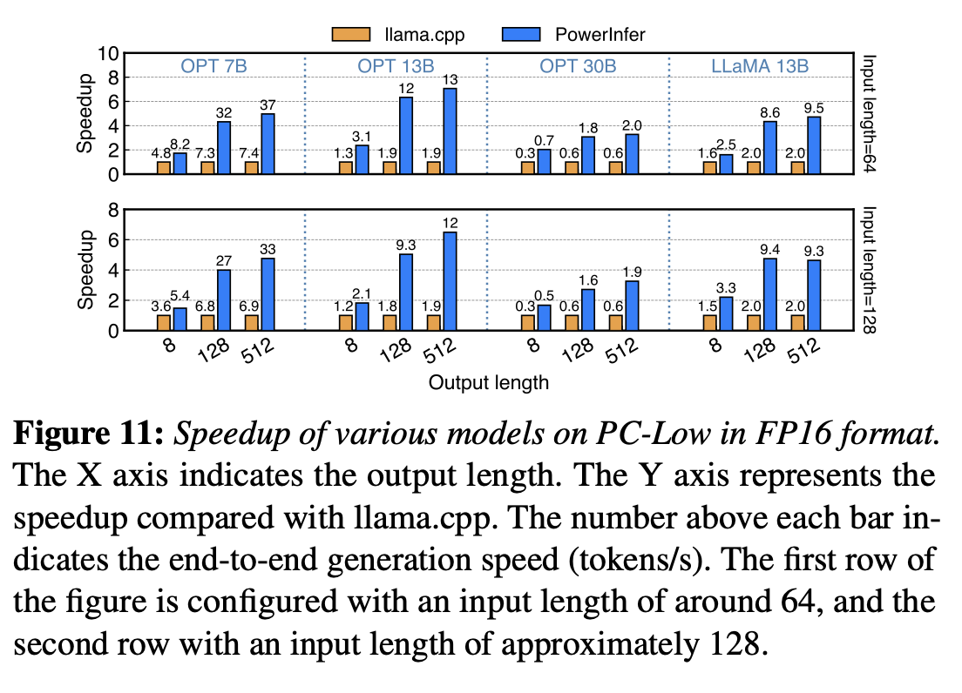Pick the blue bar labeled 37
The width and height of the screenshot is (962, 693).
click(267, 144)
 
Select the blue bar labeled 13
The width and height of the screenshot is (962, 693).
click(450, 131)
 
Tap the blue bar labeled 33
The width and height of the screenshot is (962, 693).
click(267, 294)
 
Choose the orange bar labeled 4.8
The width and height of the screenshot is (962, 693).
click(164, 167)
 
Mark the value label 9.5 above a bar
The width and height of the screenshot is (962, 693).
click(814, 107)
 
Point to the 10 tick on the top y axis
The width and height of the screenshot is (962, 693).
click(108, 53)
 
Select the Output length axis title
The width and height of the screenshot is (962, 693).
click(488, 381)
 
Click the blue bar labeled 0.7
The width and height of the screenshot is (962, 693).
click(544, 161)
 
